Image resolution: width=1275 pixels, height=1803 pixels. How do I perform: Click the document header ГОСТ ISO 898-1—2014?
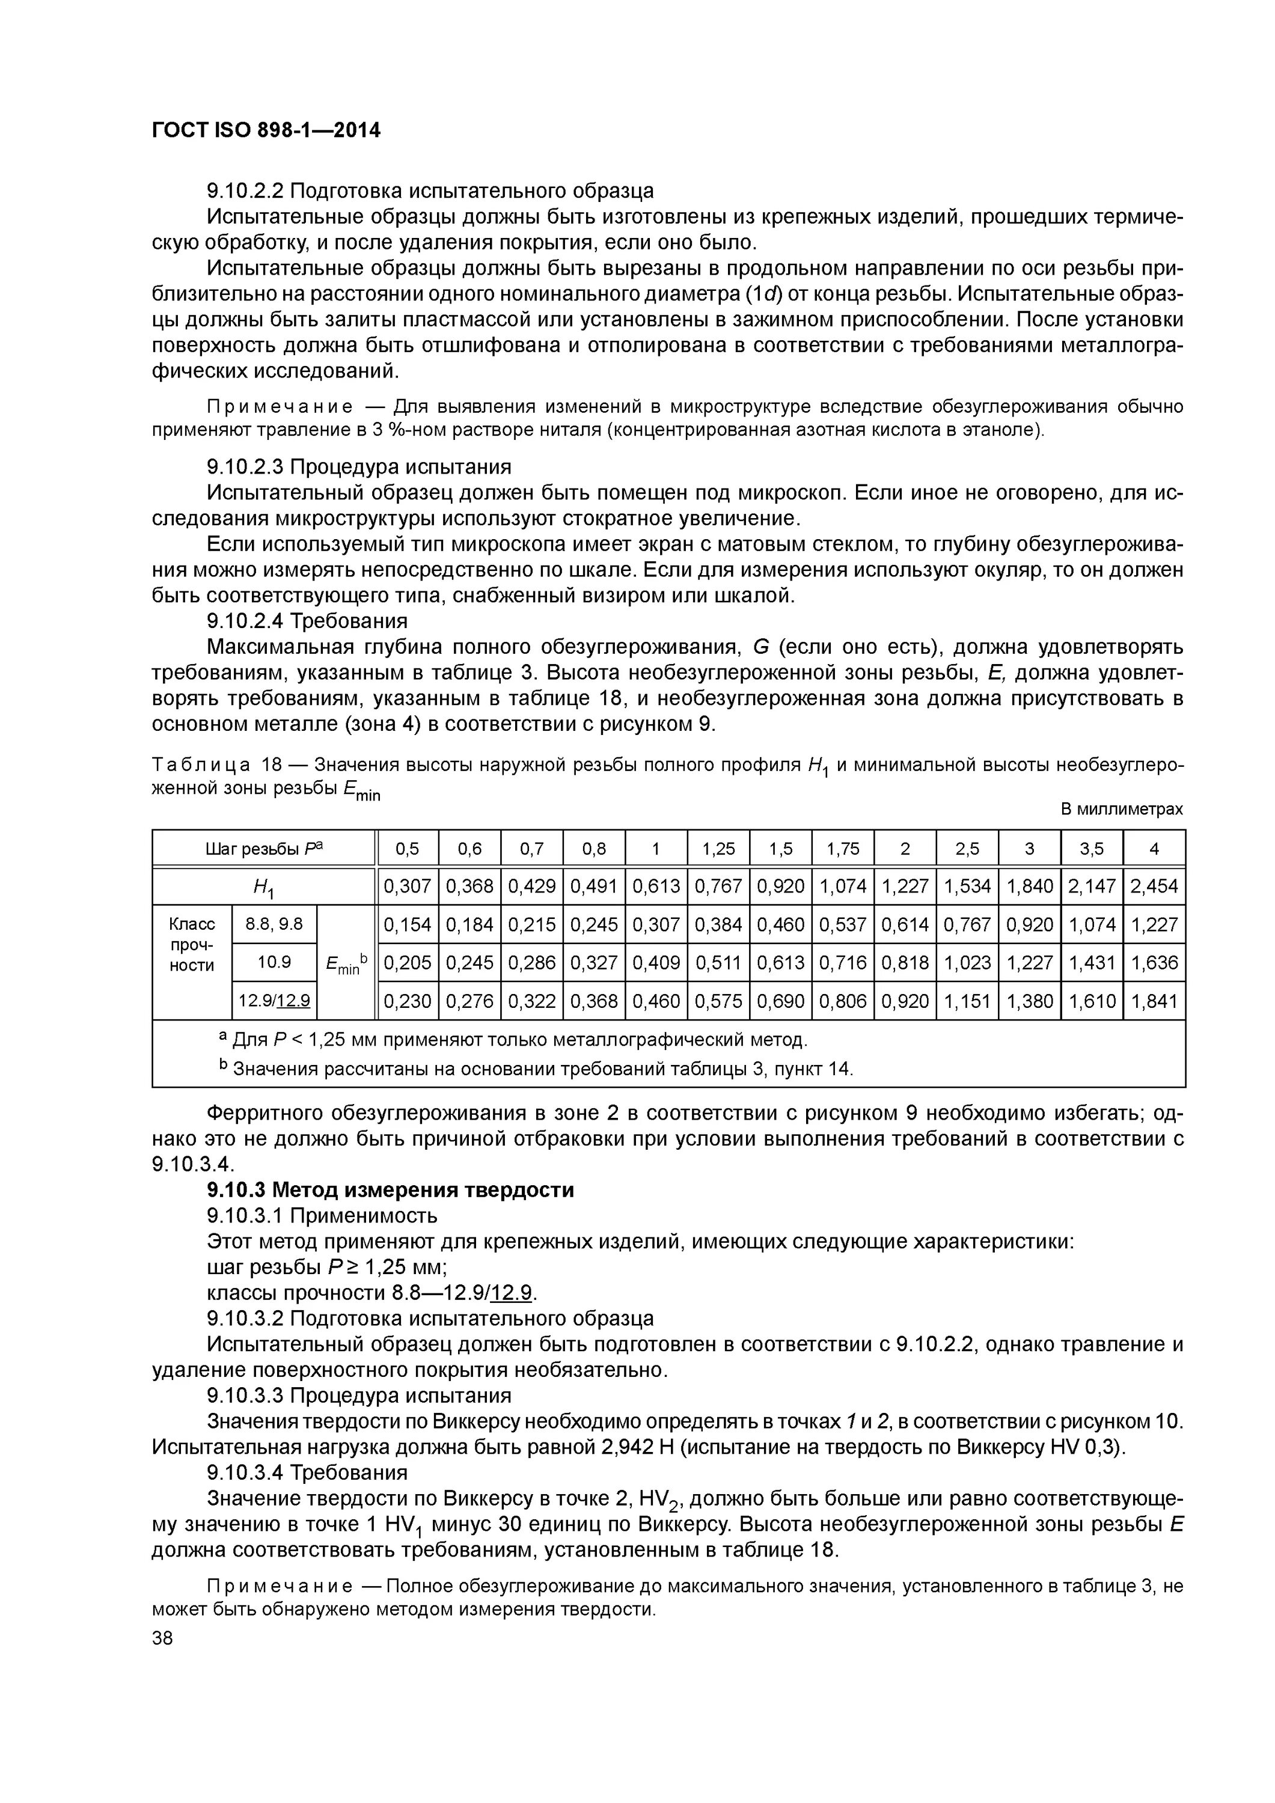tap(266, 130)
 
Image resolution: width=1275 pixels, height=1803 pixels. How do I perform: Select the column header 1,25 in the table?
tap(718, 849)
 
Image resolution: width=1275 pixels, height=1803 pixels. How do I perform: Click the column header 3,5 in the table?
tap(1091, 849)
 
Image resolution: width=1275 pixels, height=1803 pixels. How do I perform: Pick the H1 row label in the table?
tap(263, 887)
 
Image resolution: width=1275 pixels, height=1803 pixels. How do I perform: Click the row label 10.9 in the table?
tap(274, 962)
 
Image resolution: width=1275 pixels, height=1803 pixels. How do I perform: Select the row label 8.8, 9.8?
tap(274, 924)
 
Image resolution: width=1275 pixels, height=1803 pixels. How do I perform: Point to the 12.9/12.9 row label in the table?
tap(274, 1001)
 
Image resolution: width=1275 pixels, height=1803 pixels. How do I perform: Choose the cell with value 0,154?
tap(407, 925)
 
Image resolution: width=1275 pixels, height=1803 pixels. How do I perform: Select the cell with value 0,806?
tap(842, 1001)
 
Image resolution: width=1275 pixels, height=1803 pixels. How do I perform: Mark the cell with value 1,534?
tap(967, 886)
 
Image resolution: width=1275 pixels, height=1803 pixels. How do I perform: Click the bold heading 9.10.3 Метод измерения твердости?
tap(390, 1190)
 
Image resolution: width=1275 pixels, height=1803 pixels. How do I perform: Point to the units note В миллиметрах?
tap(1121, 809)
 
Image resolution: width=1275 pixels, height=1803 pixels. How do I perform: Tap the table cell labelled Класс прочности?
tap(192, 945)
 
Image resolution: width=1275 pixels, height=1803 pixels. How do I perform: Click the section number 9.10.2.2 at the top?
tap(244, 191)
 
